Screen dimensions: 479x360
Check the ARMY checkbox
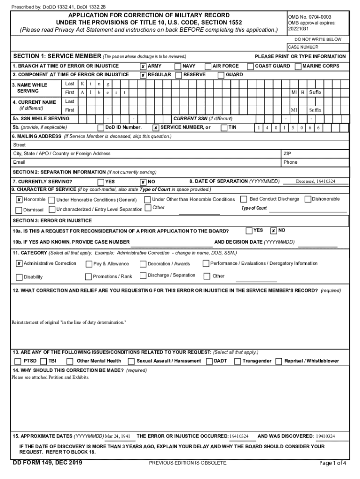143,66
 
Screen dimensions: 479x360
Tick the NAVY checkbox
178,66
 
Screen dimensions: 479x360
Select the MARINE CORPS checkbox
298,66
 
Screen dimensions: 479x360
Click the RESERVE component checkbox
179,75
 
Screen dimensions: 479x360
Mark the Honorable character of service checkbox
19,200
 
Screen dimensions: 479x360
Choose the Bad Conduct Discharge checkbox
244,199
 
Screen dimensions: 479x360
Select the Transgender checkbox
238,361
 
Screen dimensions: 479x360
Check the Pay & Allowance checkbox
89,264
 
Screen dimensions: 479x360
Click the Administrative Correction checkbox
19,264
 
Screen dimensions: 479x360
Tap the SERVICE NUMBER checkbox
156,128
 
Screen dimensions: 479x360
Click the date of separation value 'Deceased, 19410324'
315,181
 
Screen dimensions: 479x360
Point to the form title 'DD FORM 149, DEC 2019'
48,463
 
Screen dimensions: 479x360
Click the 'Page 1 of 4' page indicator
332,463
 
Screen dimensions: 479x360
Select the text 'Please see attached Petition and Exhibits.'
50,377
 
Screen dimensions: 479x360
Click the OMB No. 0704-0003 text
310,17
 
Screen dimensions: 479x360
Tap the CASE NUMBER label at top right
303,47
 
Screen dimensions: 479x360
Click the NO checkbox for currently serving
143,182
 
